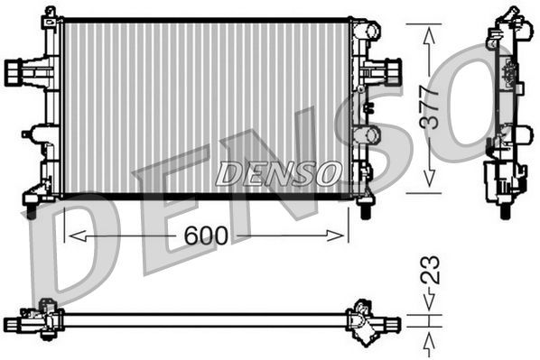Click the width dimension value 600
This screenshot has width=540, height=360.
point(205,235)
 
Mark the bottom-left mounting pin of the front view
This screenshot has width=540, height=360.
point(31,210)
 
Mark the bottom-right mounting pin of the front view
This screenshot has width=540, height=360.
point(365,211)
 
